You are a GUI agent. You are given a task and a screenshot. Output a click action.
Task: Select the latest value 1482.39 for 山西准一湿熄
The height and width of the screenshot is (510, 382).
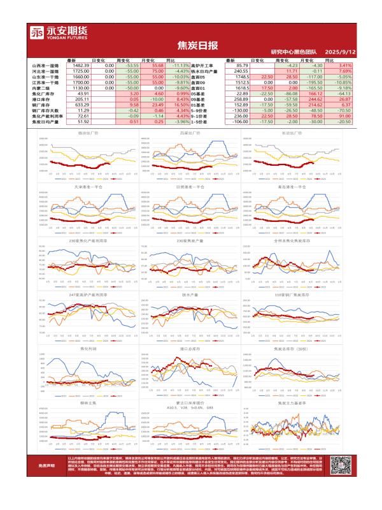click(81, 65)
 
